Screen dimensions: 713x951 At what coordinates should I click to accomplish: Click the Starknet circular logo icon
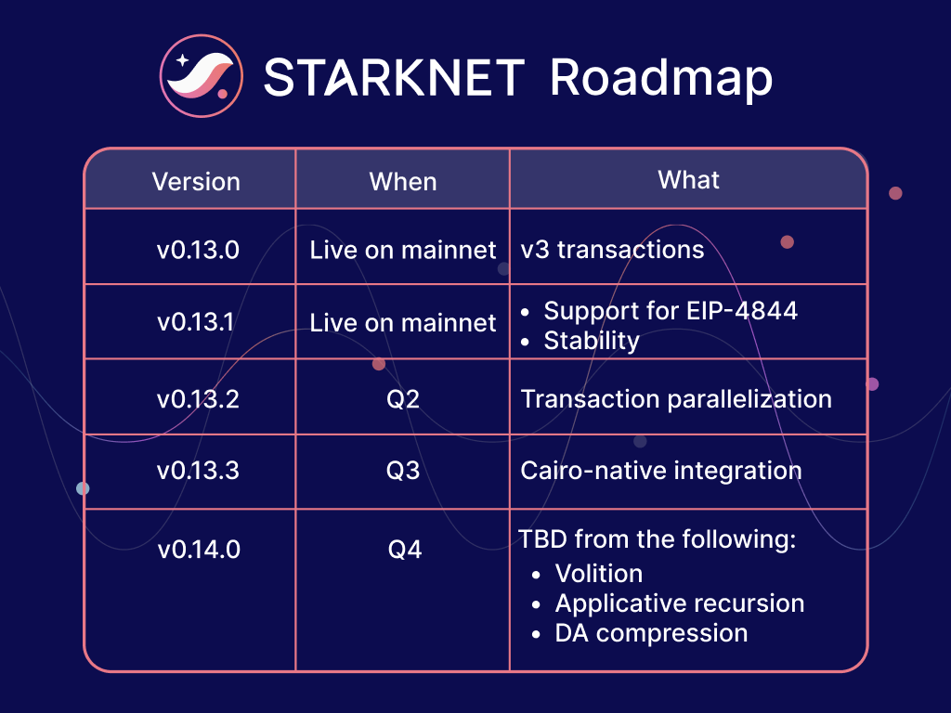[201, 78]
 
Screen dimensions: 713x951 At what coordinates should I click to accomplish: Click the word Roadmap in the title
[660, 78]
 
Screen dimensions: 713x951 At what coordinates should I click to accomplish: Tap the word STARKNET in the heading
[394, 78]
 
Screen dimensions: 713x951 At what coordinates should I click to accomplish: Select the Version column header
[196, 181]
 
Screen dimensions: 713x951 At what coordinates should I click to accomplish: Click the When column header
[403, 181]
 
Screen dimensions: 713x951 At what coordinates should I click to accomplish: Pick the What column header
[688, 179]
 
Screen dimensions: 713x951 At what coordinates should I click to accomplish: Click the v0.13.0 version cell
[198, 250]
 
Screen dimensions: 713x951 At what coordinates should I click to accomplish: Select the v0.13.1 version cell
[198, 323]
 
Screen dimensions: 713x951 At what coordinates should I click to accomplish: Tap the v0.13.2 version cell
[198, 399]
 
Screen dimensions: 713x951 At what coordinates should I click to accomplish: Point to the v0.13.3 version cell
[198, 470]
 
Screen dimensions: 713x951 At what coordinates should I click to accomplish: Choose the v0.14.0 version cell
[198, 550]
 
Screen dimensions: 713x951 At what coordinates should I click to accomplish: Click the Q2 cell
[403, 399]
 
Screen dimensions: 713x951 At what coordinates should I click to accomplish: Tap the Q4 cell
[404, 550]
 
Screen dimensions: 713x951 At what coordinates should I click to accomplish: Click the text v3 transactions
[612, 250]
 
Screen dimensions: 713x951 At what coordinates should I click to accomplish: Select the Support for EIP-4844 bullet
[670, 310]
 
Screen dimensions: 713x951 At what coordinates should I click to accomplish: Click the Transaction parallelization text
[676, 399]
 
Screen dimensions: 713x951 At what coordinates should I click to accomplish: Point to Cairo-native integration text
[660, 470]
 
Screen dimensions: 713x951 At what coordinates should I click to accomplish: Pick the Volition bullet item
[598, 573]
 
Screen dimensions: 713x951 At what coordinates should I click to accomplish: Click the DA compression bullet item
[651, 633]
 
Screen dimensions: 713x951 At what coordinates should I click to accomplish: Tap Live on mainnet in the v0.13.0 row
[403, 250]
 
